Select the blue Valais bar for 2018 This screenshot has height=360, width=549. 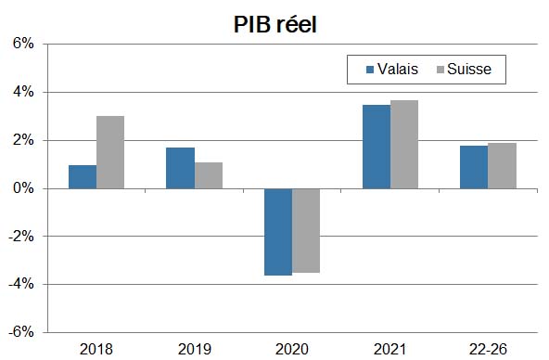click(83, 176)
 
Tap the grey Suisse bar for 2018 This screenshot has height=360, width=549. click(110, 152)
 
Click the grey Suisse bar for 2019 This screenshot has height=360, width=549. click(209, 175)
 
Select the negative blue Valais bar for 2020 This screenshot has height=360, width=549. click(278, 232)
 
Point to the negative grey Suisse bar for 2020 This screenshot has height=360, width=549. click(306, 230)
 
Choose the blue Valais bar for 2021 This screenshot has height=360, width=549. click(376, 147)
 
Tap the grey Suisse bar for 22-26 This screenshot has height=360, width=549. click(502, 165)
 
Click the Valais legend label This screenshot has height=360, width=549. click(398, 69)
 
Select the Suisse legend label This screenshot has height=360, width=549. click(469, 69)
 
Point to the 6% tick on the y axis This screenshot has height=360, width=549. click(23, 45)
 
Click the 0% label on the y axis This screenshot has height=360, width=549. click(23, 188)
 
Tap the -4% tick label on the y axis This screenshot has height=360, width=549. click(21, 284)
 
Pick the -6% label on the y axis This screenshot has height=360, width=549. click(21, 332)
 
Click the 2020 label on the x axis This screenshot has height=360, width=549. click(292, 349)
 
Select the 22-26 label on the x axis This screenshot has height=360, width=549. click(488, 349)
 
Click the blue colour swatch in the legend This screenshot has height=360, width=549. click(370, 70)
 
